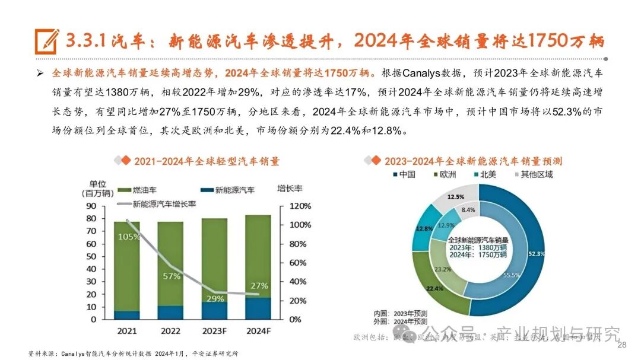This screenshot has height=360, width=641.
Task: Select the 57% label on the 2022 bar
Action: pos(172,276)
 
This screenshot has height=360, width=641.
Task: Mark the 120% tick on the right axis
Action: pos(300,206)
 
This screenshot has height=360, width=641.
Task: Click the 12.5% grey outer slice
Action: pos(456,196)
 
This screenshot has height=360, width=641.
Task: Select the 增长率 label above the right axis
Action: pos(290,189)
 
